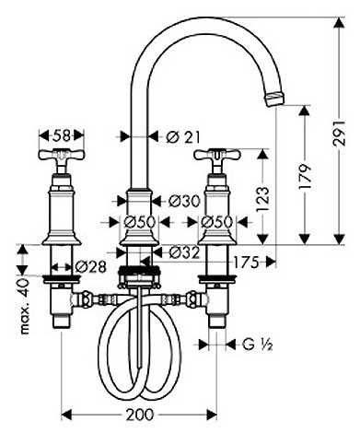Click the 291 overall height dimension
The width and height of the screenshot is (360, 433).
coord(340,131)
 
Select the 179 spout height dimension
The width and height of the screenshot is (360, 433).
coord(305,177)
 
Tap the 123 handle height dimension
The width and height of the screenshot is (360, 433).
coord(262,199)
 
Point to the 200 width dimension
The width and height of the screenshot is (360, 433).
coord(140,415)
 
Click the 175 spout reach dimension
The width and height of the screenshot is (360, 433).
coord(246,263)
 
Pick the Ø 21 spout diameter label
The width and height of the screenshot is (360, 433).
coord(183,137)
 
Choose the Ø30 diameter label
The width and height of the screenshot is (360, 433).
coord(184,201)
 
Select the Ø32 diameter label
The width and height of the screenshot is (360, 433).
coord(184,252)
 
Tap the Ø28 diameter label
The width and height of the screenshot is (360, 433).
coord(90,266)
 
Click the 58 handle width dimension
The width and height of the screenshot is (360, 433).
coord(62,135)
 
